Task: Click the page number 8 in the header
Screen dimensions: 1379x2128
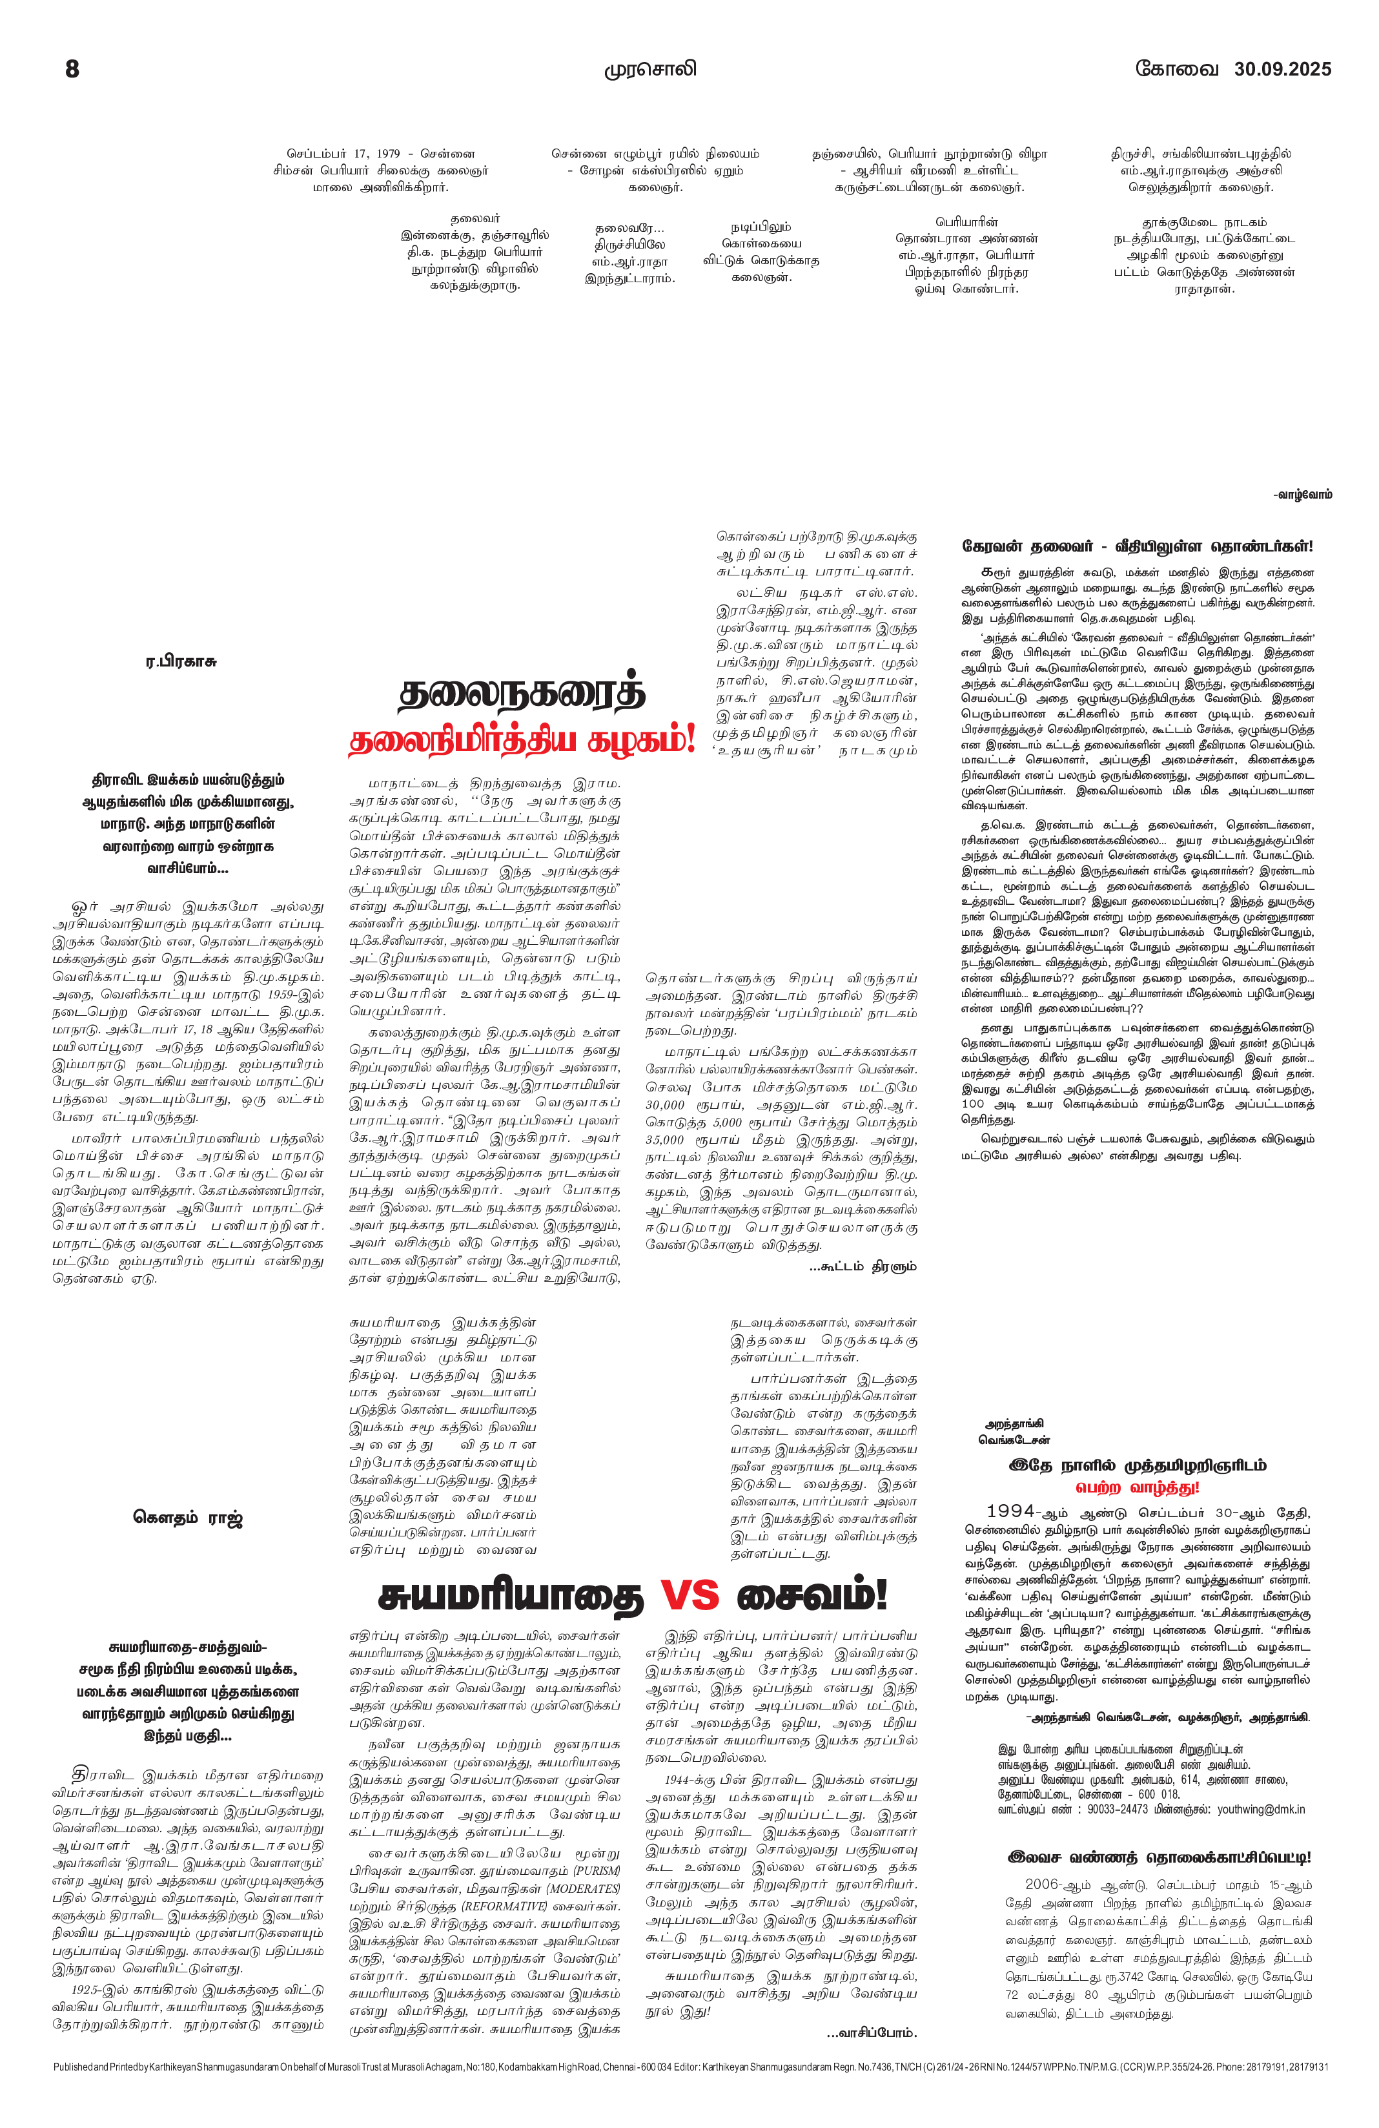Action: pyautogui.click(x=72, y=69)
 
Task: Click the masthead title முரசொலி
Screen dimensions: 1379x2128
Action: pyautogui.click(x=649, y=70)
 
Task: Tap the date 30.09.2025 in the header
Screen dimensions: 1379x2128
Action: pyautogui.click(x=1282, y=69)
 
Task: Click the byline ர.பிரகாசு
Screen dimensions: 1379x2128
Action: pyautogui.click(x=181, y=661)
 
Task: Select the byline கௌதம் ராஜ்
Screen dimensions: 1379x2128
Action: pyautogui.click(x=188, y=1517)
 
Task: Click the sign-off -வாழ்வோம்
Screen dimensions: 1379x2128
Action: pyautogui.click(x=1302, y=495)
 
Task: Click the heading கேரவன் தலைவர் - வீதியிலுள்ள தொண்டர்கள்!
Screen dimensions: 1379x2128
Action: pyautogui.click(x=1137, y=546)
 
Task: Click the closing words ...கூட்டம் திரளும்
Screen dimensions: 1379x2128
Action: pyautogui.click(x=863, y=1266)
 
